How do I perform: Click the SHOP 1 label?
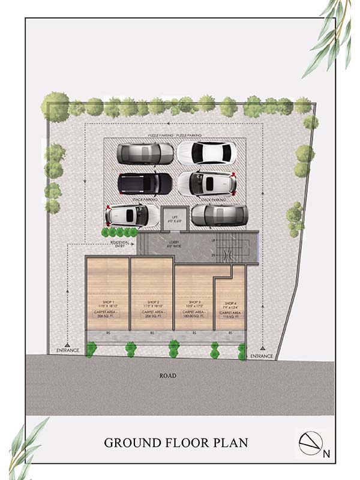click(109, 302)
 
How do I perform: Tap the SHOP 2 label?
click(152, 302)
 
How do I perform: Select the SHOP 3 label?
click(194, 302)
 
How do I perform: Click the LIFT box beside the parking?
click(175, 217)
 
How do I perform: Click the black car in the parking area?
click(145, 184)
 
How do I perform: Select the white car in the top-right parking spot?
click(204, 153)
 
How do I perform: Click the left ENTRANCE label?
click(68, 350)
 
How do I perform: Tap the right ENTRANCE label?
click(262, 356)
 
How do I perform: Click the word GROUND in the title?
click(130, 443)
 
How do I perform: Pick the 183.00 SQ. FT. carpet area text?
click(194, 316)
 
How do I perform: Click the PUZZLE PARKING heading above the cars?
click(175, 136)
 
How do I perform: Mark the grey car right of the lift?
click(219, 214)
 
